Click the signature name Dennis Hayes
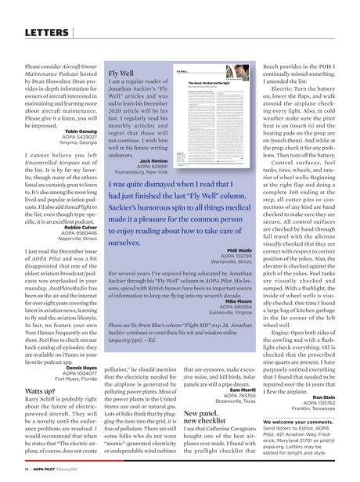[x=77, y=366]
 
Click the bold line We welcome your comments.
[x=307, y=422]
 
